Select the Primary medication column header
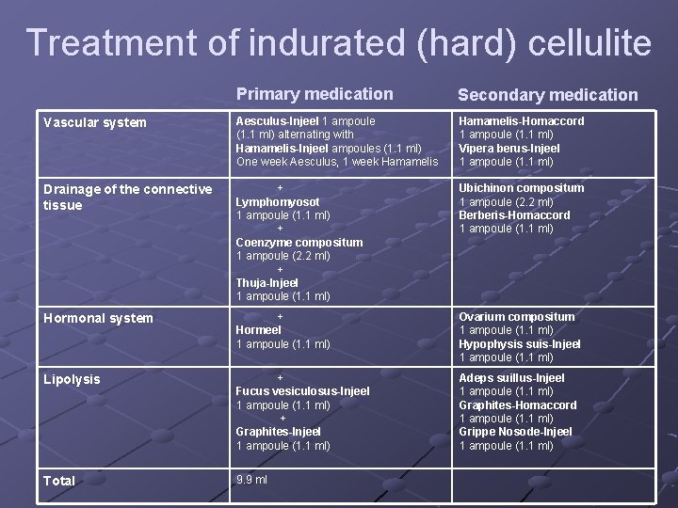[x=315, y=94]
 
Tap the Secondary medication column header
[x=547, y=95]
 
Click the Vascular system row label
[x=95, y=122]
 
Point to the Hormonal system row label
[x=98, y=318]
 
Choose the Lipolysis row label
[x=72, y=379]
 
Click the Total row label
[x=59, y=481]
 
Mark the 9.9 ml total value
[x=251, y=480]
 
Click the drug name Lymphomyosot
[x=277, y=202]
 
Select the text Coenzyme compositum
[x=299, y=243]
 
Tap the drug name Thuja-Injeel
[x=266, y=282]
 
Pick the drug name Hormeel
[x=258, y=330]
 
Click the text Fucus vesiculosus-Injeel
[x=302, y=391]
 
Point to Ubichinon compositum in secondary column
[x=521, y=188]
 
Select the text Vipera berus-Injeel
[x=508, y=149]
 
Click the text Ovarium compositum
[x=516, y=317]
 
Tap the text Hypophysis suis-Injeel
[x=519, y=344]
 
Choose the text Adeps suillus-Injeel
[x=511, y=378]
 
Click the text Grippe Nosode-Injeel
[x=515, y=432]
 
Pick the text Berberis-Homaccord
[x=514, y=215]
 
